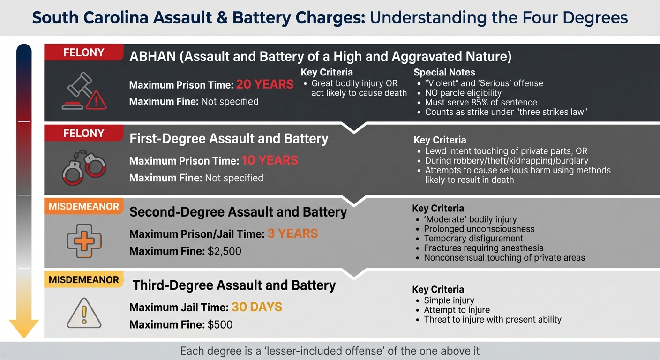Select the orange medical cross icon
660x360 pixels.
84,240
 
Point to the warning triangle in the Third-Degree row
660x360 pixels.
84,313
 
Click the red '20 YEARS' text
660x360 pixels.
265,84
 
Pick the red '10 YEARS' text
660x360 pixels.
270,160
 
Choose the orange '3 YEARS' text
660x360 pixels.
292,233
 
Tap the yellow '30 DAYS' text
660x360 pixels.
257,307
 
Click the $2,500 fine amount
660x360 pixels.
224,251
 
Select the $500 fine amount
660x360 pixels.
220,324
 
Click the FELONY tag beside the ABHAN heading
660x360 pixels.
84,52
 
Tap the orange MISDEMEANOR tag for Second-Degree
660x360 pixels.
84,206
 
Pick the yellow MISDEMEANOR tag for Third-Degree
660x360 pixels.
84,280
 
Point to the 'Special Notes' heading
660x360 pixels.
444,73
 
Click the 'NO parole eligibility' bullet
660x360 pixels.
463,93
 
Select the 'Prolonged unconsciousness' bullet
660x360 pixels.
479,229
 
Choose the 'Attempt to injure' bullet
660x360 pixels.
457,310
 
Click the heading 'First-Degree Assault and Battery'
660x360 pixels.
229,139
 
